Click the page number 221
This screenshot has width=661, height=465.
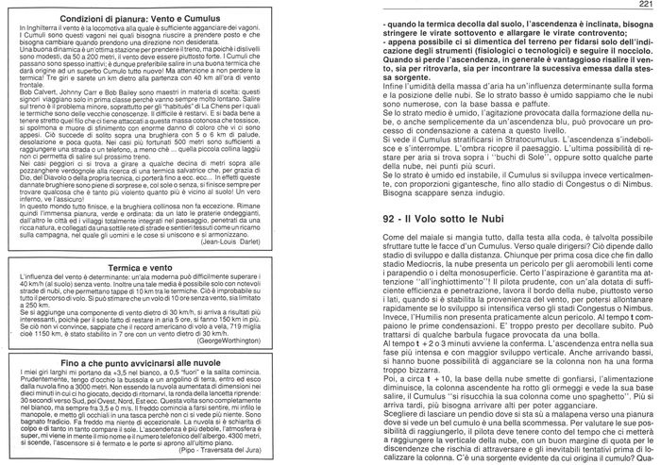tap(645, 7)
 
